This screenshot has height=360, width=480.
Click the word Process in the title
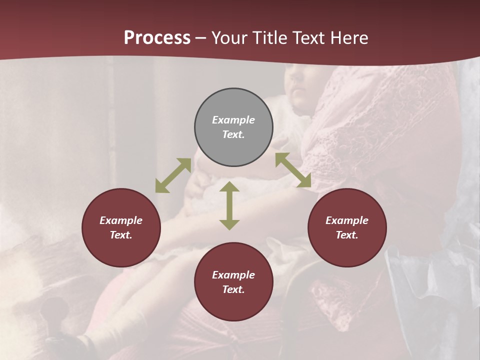(157, 38)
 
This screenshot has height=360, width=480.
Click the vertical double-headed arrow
(229, 205)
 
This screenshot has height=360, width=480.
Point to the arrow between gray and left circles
(173, 175)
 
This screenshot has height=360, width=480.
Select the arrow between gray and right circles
(293, 170)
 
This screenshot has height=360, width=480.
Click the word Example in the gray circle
(233, 120)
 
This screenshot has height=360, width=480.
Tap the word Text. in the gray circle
(233, 134)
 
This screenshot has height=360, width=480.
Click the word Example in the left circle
(121, 220)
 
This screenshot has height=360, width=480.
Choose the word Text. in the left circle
(121, 235)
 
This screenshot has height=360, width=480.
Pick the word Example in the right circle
(347, 220)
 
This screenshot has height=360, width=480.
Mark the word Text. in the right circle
(347, 235)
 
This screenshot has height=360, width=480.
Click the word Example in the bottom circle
(233, 275)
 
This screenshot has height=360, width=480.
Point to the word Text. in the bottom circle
(233, 289)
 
